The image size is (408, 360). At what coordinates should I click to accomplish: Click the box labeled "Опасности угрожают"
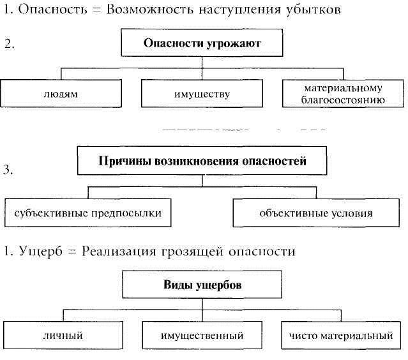pos(202,43)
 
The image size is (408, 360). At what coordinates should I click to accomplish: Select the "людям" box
pos(61,93)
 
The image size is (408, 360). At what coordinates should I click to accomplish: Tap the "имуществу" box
pos(202,93)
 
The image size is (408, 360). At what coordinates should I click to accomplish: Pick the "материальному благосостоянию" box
pos(343,93)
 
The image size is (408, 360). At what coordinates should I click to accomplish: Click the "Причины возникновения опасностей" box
pos(202,160)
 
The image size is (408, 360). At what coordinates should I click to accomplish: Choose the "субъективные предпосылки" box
pos(88,213)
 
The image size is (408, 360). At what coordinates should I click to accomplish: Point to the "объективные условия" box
pos(316,213)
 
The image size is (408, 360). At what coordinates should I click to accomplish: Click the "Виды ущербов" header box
pos(202,284)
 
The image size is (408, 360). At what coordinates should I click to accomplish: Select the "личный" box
pos(63,335)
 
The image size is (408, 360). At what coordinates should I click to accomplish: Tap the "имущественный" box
pos(202,335)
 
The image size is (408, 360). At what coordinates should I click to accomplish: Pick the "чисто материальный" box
pos(341,335)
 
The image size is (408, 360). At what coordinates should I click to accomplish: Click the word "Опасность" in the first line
pos(52,10)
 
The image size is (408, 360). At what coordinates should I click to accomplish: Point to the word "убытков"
pos(314,10)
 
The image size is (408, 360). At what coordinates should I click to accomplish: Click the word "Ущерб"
pos(41,251)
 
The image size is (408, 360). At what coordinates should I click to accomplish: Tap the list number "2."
pos(10,43)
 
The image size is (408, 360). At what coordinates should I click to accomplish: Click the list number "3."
pos(8,170)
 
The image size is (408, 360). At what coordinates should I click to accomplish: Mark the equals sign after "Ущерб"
pos(72,252)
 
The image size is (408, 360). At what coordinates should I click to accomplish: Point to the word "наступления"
pos(240,10)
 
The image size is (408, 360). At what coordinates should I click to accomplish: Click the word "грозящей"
pos(192,252)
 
